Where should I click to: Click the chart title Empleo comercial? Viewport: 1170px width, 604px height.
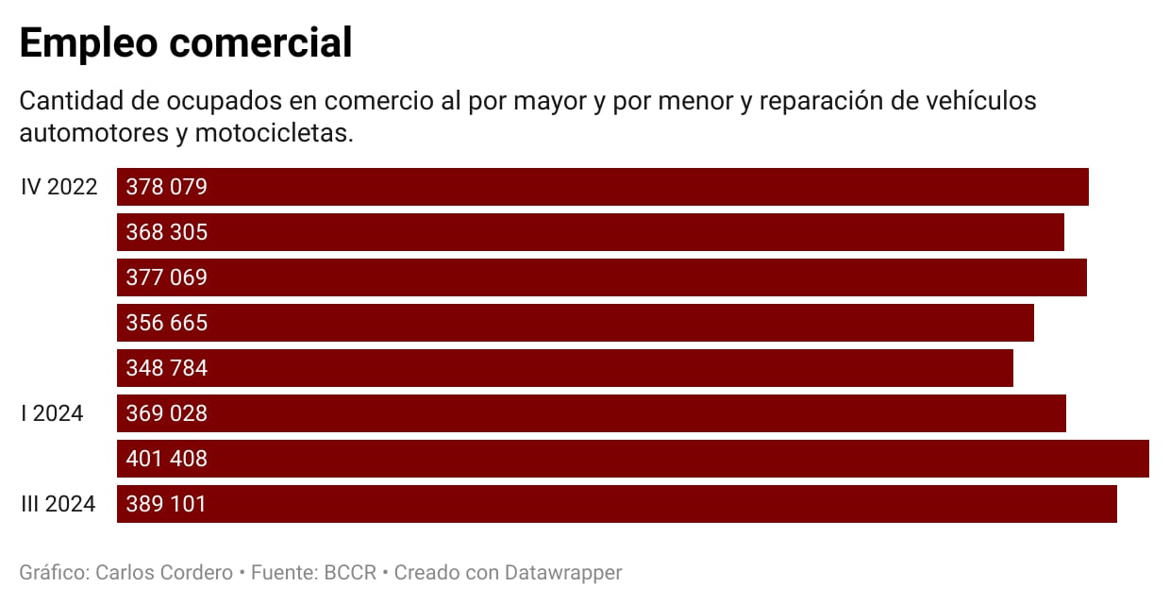coord(186,43)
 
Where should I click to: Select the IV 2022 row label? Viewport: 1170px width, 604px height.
coord(59,187)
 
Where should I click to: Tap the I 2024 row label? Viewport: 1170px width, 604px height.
coord(52,413)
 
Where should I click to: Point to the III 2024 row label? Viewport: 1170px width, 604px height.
coord(58,504)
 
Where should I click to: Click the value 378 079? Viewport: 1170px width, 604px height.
coord(166,187)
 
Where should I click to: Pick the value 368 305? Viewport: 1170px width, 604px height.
coord(166,232)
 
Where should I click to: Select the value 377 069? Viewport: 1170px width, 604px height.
coord(166,277)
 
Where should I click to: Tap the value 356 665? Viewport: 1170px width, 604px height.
coord(166,323)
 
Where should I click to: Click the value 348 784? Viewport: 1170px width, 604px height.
coord(166,368)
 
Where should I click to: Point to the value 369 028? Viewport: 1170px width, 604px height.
coord(166,413)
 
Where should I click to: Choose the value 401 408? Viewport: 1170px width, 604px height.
coord(166,459)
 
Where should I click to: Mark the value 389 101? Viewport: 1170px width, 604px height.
coord(166,504)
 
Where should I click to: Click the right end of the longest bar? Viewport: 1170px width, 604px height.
coord(1146,459)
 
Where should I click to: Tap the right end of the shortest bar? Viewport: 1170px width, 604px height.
coord(1011,368)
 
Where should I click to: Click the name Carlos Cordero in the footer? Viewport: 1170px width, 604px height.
coord(164,572)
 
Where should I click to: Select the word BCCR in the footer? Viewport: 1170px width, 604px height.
coord(350,572)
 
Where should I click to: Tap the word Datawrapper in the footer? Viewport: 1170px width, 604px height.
coord(563,572)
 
